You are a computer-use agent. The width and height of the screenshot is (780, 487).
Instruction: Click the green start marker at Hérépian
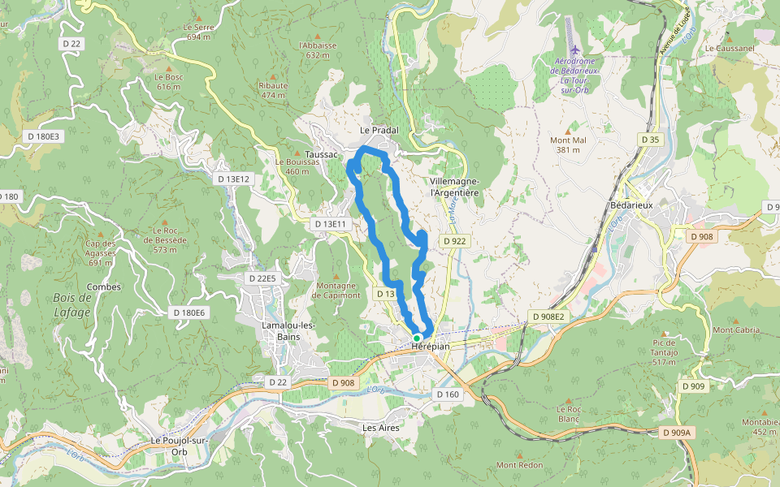point(417,338)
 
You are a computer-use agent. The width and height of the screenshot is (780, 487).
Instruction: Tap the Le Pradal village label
point(379,130)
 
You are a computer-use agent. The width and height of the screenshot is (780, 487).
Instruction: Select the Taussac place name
point(323,154)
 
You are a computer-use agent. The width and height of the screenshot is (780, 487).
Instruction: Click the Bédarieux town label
point(631,205)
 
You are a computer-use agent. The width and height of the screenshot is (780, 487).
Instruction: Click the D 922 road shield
point(454,241)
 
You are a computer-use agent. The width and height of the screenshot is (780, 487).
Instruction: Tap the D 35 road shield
point(650,140)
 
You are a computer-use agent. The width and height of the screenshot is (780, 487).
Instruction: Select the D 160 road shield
point(448,394)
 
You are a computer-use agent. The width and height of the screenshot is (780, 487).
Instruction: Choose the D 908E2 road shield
point(548,315)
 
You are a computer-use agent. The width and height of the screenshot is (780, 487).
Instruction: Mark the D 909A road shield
point(675,433)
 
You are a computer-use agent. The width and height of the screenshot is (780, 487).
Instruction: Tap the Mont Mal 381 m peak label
point(568,144)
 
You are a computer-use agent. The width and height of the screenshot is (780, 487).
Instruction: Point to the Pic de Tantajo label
point(665,351)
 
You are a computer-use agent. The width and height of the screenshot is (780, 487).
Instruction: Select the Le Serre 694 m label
point(199,32)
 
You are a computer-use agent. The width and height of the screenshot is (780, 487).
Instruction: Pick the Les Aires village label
point(380,426)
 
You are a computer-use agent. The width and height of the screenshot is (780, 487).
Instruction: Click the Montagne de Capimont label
point(336,290)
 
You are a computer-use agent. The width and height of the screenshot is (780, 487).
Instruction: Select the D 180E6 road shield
point(189,312)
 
